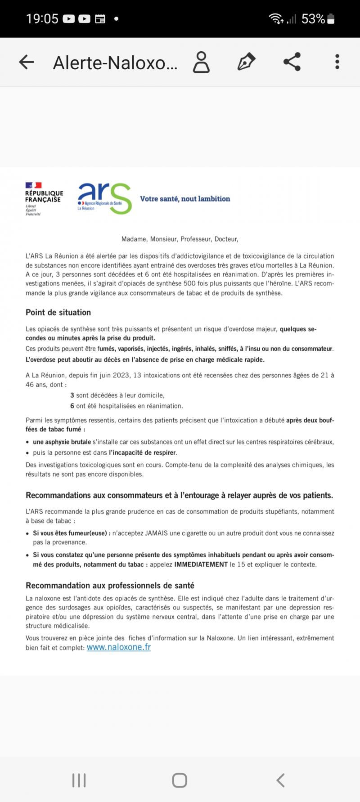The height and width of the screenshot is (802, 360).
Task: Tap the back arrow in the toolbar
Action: pyautogui.click(x=27, y=62)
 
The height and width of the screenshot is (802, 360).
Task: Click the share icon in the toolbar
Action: pyautogui.click(x=292, y=62)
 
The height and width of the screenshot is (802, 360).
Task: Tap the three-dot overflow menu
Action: pyautogui.click(x=337, y=62)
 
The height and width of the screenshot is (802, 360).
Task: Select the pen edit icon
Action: pyautogui.click(x=246, y=62)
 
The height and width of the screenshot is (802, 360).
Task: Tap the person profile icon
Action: pyautogui.click(x=201, y=62)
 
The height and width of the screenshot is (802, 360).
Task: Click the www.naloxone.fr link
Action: pyautogui.click(x=119, y=647)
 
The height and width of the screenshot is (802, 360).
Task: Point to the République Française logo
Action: pyautogui.click(x=44, y=198)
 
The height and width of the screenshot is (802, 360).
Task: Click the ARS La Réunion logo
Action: pyautogui.click(x=104, y=198)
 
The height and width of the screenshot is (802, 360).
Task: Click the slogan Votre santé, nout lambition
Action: pyautogui.click(x=185, y=199)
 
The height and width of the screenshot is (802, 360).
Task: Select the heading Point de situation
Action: pyautogui.click(x=58, y=312)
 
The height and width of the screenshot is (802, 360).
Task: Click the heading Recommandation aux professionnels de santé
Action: pyautogui.click(x=110, y=585)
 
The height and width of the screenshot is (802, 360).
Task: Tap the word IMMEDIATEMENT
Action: pyautogui.click(x=201, y=564)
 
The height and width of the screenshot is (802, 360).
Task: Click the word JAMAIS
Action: pyautogui.click(x=156, y=533)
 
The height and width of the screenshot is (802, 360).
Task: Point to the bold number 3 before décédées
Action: pyautogui.click(x=72, y=395)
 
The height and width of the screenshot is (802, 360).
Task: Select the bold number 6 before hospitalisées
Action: pyautogui.click(x=72, y=406)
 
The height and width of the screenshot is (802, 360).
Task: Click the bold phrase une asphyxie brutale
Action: pyautogui.click(x=62, y=442)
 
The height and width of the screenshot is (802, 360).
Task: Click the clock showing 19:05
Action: pyautogui.click(x=42, y=19)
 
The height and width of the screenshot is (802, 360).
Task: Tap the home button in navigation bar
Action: pyautogui.click(x=180, y=780)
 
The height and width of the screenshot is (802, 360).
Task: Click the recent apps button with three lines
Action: pyautogui.click(x=79, y=780)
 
